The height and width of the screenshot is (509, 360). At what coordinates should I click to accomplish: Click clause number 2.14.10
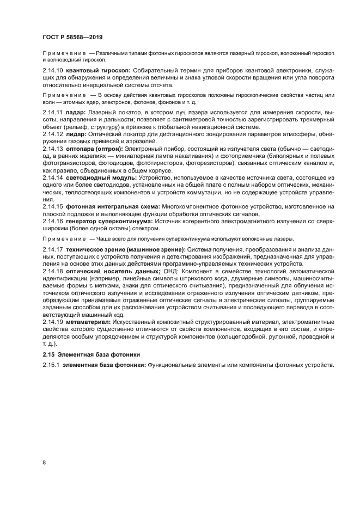(52, 71)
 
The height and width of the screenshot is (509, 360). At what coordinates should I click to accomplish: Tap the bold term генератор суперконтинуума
(112, 222)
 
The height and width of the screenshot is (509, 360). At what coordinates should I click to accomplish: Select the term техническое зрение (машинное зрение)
(126, 249)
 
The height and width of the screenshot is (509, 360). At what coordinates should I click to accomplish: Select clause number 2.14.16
(52, 222)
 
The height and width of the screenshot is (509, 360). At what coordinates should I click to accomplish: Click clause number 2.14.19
(52, 322)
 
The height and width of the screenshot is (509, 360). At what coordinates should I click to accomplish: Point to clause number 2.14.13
(52, 148)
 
